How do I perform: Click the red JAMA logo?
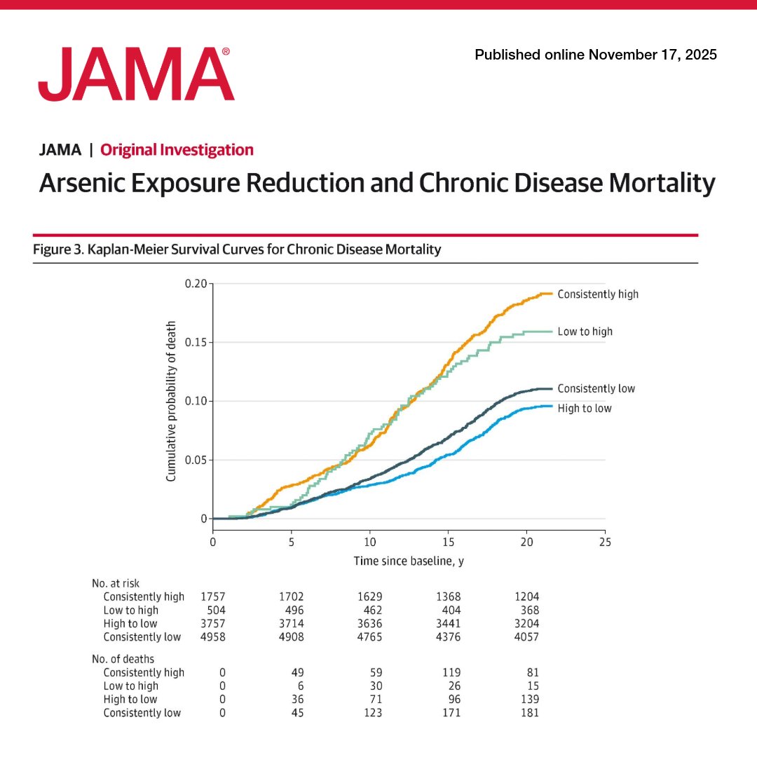coord(136,74)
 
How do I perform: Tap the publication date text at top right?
coord(596,55)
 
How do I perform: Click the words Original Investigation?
coord(177,149)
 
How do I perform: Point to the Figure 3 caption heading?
coord(237,250)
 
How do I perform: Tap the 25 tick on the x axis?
coord(605,541)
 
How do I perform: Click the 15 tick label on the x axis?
coord(448,541)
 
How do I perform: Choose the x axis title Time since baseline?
coord(409,561)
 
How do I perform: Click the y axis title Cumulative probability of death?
coord(171,401)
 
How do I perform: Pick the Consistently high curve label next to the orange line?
coord(598,294)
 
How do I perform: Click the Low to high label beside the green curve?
coord(585,332)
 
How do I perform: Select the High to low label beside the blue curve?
coord(584,408)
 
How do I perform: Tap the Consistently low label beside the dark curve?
coord(596,388)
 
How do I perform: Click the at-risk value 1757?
coord(212,597)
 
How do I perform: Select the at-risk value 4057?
coord(526,637)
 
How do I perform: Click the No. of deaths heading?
coord(123,659)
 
